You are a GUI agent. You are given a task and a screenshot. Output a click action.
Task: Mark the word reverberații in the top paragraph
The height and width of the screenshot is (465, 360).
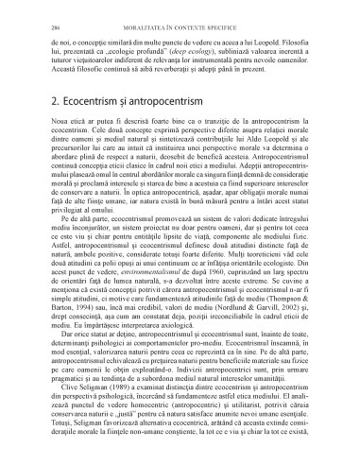point(176,65)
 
